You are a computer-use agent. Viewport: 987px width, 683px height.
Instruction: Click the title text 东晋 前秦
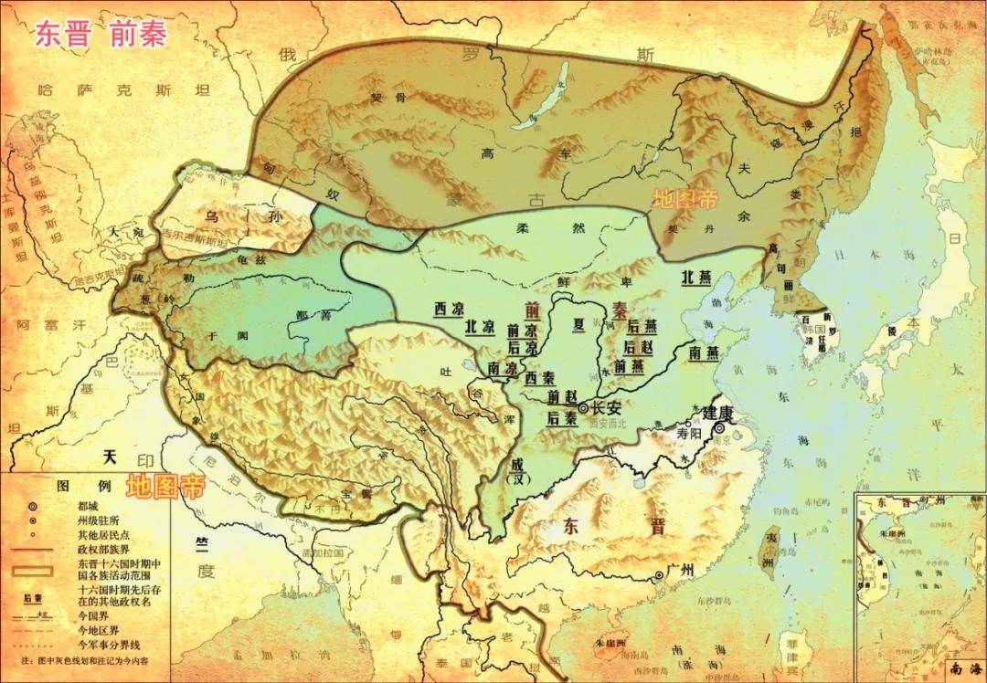point(101,34)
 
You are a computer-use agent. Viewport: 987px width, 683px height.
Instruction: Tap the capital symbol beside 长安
point(583,408)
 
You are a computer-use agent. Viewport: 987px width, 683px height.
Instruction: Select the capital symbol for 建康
point(720,427)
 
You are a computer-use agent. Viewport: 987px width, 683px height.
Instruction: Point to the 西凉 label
point(451,308)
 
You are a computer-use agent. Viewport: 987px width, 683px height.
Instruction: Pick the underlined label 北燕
point(700,280)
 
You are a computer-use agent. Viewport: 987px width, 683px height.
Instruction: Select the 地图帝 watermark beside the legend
point(165,485)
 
